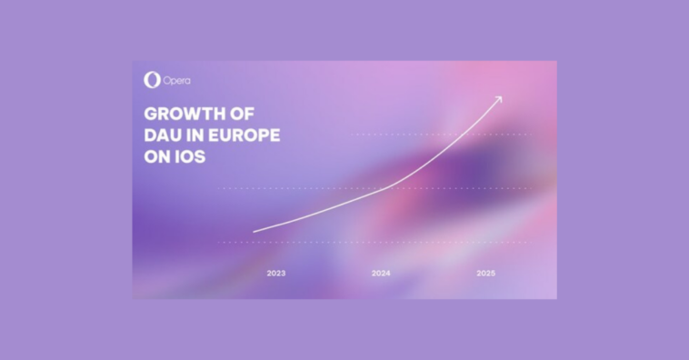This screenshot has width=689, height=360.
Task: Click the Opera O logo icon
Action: click(152, 80)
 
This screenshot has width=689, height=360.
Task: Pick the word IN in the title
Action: click(197, 135)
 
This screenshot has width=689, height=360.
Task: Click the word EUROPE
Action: click(246, 135)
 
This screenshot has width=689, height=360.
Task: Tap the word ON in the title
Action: click(158, 156)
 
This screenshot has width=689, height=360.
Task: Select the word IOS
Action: click(192, 156)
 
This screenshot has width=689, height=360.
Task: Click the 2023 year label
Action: click(276, 273)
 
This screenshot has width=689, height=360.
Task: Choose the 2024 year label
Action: click(381, 273)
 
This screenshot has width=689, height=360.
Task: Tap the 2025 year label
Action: click(485, 273)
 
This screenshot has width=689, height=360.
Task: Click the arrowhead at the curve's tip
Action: click(498, 97)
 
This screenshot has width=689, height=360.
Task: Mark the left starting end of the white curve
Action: click(255, 232)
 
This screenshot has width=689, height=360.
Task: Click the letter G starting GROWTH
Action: click(151, 115)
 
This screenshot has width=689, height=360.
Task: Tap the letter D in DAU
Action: click(150, 135)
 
